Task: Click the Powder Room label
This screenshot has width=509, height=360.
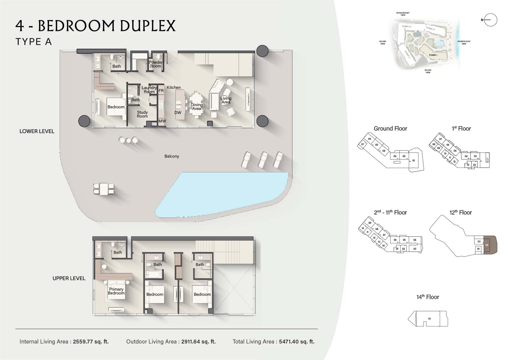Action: pos(156,64)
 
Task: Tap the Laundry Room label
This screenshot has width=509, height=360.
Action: pos(149,90)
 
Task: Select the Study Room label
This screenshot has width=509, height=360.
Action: pos(142,114)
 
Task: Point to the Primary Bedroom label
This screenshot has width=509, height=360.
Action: pos(116,291)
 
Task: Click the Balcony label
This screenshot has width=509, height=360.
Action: pos(172,156)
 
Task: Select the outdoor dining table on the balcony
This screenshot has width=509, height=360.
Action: pos(104,189)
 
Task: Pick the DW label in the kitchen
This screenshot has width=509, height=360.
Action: pos(178,113)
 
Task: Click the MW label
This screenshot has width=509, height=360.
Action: pos(162,121)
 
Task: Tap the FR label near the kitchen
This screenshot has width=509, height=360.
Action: pos(161,91)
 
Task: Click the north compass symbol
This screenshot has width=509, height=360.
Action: pos(490,20)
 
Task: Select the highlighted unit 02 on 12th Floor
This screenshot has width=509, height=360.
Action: pos(489,245)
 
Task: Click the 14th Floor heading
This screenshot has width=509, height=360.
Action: pos(428,297)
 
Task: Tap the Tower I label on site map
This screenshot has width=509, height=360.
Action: pos(433,55)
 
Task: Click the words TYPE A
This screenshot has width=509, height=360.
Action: pos(34,42)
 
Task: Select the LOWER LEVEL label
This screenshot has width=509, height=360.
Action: pos(37,131)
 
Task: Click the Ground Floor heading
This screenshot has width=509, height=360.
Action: pos(390,129)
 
